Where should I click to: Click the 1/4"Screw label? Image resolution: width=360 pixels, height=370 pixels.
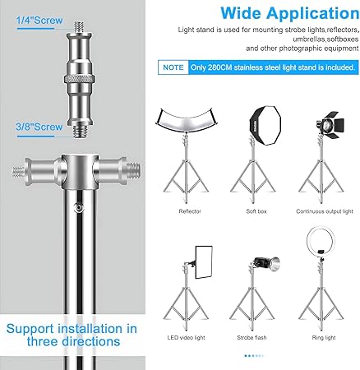(39, 21)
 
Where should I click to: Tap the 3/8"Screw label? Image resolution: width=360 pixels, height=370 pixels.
(39, 127)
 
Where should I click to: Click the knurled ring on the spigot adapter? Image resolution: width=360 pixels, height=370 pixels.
(80, 80)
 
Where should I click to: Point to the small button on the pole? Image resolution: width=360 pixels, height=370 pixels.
(80, 207)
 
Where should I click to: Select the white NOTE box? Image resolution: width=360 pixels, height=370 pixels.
(173, 67)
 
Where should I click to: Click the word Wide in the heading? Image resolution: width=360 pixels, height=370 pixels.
(241, 13)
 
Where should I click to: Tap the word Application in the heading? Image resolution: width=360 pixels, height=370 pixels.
(313, 14)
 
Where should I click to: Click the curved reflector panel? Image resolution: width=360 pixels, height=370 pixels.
(187, 118)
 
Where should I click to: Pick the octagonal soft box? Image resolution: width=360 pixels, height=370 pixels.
(265, 125)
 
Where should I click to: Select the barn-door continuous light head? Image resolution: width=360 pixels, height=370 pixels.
(330, 124)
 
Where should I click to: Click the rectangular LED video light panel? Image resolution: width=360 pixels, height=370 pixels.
(204, 262)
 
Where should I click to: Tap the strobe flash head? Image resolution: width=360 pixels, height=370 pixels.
(266, 264)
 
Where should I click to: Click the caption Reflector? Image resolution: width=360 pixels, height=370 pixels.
(190, 211)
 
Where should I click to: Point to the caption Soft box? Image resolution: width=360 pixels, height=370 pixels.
(256, 211)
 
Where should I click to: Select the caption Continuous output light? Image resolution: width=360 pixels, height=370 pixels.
(325, 211)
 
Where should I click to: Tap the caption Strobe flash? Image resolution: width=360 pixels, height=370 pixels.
(252, 338)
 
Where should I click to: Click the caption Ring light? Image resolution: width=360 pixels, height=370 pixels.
(324, 338)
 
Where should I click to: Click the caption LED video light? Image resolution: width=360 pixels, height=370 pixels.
(186, 338)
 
